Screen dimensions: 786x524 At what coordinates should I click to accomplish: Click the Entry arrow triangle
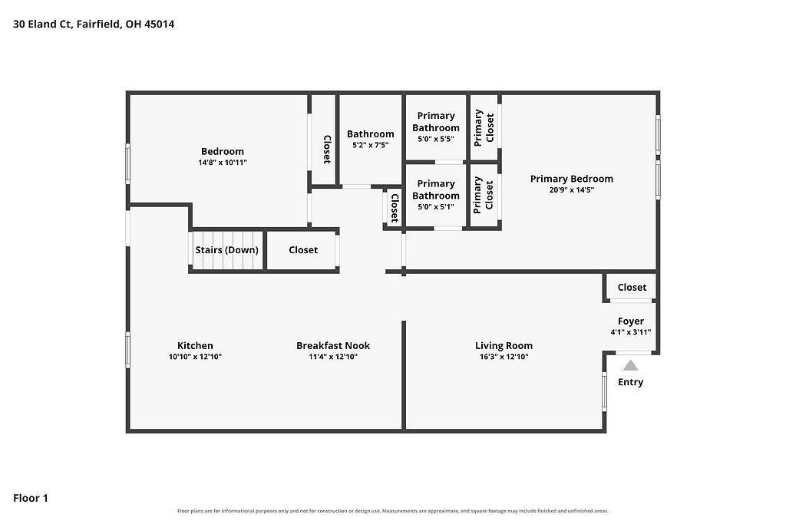click(631, 365)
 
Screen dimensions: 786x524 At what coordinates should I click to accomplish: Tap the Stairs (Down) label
click(226, 249)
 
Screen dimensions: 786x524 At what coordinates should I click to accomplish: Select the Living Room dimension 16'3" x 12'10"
click(504, 357)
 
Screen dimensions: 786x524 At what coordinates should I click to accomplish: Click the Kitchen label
click(195, 345)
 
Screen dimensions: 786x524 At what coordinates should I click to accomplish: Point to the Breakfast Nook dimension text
click(333, 357)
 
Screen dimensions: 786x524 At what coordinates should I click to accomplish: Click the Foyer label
click(631, 321)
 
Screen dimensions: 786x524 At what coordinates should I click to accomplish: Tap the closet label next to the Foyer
click(632, 287)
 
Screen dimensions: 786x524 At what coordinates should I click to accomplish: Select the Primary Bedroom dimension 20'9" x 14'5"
click(571, 189)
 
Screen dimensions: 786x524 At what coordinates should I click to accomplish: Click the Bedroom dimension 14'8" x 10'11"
click(223, 163)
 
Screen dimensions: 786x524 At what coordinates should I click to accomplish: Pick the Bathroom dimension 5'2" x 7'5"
click(371, 145)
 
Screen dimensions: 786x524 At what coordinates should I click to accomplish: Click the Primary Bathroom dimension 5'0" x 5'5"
click(436, 139)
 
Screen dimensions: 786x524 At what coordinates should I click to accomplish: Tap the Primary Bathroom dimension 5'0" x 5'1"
click(436, 206)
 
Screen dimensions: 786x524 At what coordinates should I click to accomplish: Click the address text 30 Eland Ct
click(42, 24)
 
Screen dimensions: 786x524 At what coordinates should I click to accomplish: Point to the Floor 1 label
click(31, 498)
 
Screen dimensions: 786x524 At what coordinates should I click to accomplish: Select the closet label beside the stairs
click(303, 249)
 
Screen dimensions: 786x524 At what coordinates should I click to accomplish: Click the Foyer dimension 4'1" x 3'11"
click(631, 332)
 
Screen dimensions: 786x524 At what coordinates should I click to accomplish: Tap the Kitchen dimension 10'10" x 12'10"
click(195, 357)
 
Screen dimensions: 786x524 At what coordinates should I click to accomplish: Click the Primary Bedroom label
click(571, 178)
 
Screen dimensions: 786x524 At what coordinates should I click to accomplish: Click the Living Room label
click(504, 345)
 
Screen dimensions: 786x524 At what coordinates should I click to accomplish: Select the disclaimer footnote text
click(393, 511)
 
